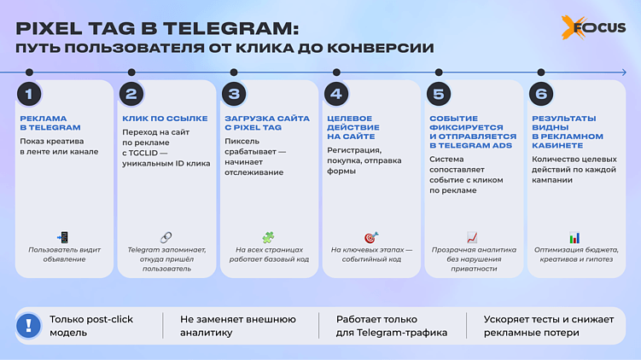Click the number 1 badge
pyautogui.click(x=29, y=94)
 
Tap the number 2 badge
pyautogui.click(x=131, y=94)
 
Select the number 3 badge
pyautogui.click(x=234, y=94)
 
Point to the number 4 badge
pyautogui.click(x=336, y=94)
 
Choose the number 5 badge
pyautogui.click(x=439, y=94)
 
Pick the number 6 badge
pyautogui.click(x=541, y=94)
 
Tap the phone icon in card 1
pyautogui.click(x=62, y=237)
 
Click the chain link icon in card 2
pyautogui.click(x=166, y=237)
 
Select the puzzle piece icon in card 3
pyautogui.click(x=268, y=237)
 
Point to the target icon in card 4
pyautogui.click(x=370, y=237)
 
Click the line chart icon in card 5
pyautogui.click(x=472, y=237)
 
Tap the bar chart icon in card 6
pyautogui.click(x=574, y=237)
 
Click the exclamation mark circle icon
pyautogui.click(x=29, y=325)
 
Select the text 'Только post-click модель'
pyautogui.click(x=90, y=325)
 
